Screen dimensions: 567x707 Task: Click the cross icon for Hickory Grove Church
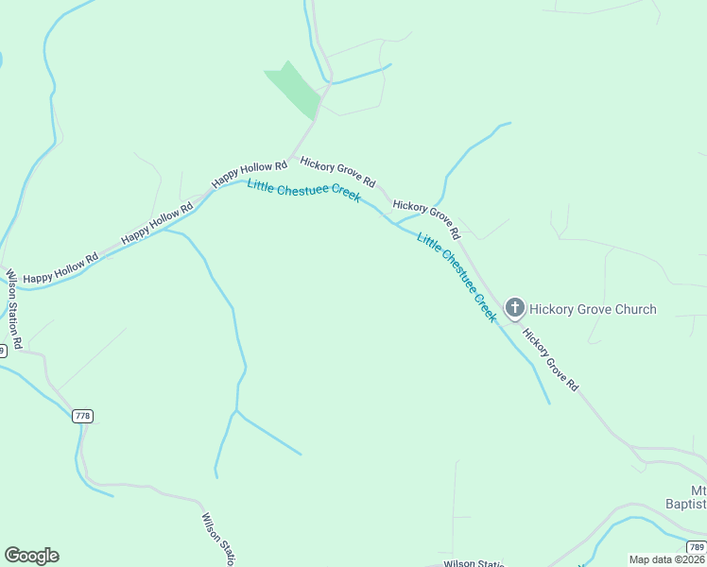click(514, 307)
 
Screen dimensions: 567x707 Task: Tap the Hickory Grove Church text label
click(593, 309)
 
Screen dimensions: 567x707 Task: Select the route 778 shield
click(82, 416)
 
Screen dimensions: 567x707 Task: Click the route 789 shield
click(697, 546)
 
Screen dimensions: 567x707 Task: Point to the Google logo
click(31, 556)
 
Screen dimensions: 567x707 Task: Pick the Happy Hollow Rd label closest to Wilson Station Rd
click(60, 268)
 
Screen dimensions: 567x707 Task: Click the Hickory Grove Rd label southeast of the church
click(549, 360)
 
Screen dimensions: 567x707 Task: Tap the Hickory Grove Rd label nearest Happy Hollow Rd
click(337, 171)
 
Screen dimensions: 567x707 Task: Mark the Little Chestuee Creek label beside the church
click(457, 278)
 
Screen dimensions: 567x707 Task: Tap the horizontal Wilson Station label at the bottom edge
click(473, 563)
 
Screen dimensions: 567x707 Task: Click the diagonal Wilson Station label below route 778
click(216, 540)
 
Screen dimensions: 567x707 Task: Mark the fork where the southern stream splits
click(235, 412)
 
